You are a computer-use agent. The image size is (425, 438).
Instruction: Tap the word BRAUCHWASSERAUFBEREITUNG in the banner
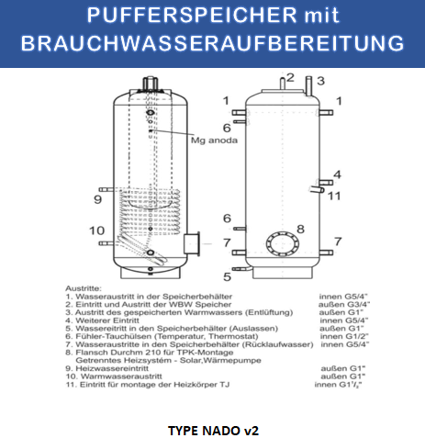point(212,43)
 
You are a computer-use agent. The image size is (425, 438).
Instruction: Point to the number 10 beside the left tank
point(96,230)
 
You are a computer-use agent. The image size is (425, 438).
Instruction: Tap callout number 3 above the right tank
point(321,81)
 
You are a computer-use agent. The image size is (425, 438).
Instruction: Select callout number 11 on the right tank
point(334,196)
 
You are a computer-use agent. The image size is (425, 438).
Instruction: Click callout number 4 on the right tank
point(337,174)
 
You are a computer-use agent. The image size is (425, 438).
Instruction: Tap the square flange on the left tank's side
point(193,243)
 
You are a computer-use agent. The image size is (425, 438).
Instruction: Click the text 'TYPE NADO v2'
point(211,429)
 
